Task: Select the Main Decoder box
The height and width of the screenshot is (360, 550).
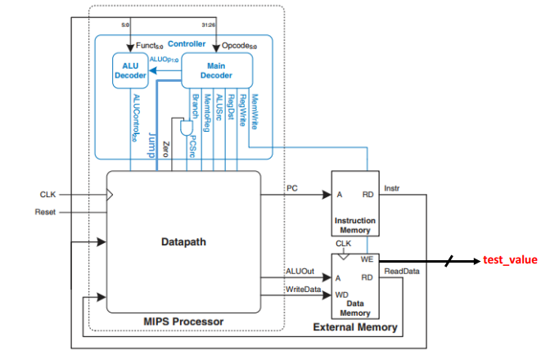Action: pyautogui.click(x=214, y=70)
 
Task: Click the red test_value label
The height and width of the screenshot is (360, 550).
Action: pyautogui.click(x=510, y=260)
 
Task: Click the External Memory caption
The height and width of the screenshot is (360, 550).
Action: pyautogui.click(x=356, y=327)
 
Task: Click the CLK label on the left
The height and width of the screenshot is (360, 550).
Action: pyautogui.click(x=48, y=195)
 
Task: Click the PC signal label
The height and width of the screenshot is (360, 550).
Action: pyautogui.click(x=292, y=188)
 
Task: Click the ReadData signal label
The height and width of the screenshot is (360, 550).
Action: pyautogui.click(x=399, y=271)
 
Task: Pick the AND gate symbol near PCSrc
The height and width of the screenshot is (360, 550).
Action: pyautogui.click(x=186, y=128)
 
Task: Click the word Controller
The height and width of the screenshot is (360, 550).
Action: pyautogui.click(x=187, y=43)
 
